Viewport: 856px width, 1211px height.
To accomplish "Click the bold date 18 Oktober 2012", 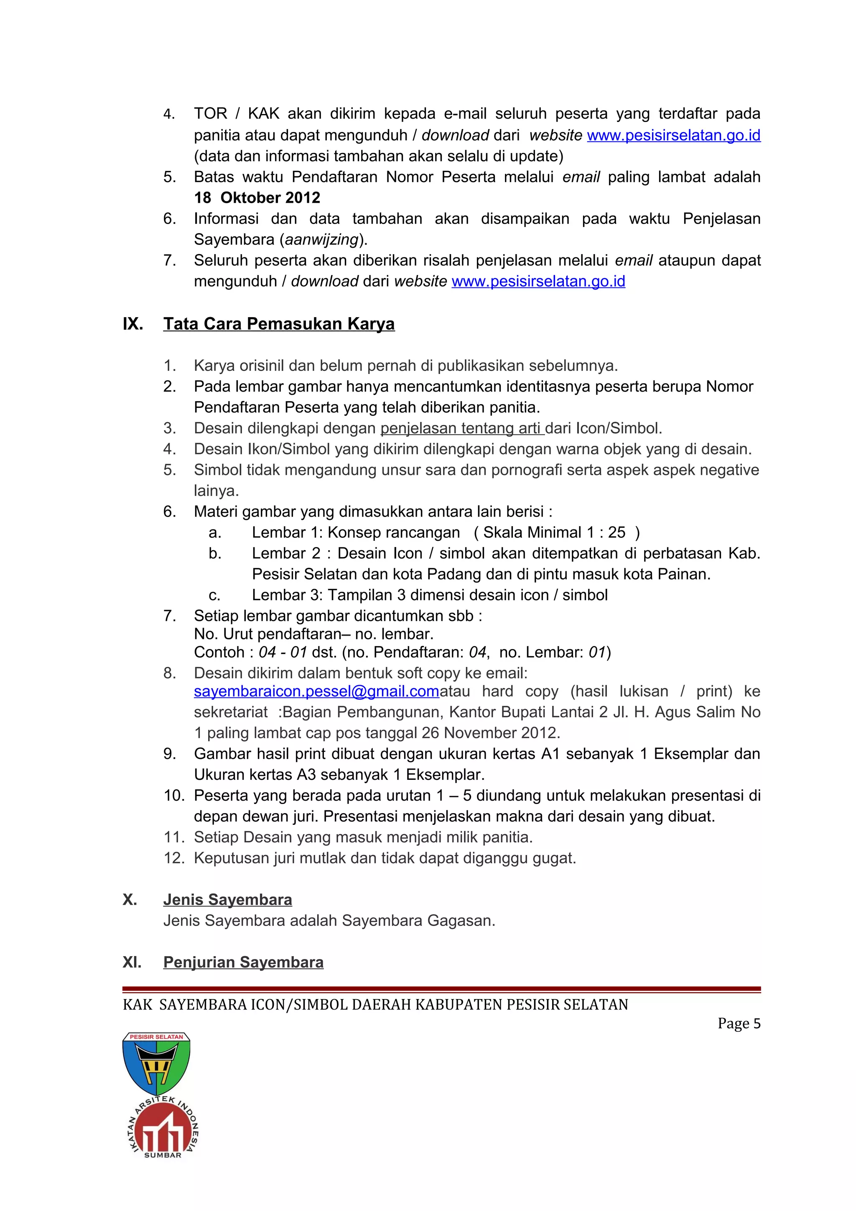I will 257,198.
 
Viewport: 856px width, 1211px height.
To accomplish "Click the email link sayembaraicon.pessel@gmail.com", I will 316,692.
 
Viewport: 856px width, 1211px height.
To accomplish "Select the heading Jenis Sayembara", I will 227,900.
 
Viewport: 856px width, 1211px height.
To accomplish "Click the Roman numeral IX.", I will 133,324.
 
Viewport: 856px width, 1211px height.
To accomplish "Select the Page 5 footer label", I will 739,1024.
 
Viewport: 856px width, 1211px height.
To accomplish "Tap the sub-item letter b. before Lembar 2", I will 215,553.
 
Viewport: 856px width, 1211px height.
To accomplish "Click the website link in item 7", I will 538,282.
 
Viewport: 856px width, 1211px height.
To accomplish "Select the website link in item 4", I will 673,135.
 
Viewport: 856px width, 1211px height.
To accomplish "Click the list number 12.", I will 174,858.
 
